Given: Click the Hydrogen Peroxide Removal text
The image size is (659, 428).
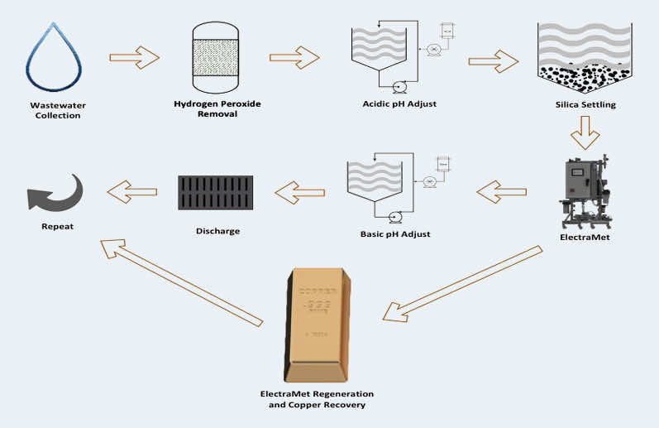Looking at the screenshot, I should click(x=217, y=108).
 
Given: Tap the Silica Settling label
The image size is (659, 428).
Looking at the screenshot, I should click(x=585, y=105).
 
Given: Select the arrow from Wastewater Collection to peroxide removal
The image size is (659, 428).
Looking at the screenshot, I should click(x=134, y=57).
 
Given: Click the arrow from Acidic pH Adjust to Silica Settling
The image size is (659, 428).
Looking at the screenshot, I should click(x=494, y=60).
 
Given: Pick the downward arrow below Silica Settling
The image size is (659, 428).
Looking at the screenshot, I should click(x=585, y=131).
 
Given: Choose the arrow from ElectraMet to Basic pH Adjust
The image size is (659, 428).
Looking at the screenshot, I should click(x=501, y=192).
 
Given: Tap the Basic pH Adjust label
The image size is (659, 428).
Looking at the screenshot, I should click(x=395, y=234).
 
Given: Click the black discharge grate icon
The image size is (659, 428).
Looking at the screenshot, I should click(x=216, y=193).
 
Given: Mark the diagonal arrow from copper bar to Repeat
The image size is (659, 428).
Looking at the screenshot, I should click(x=182, y=281).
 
